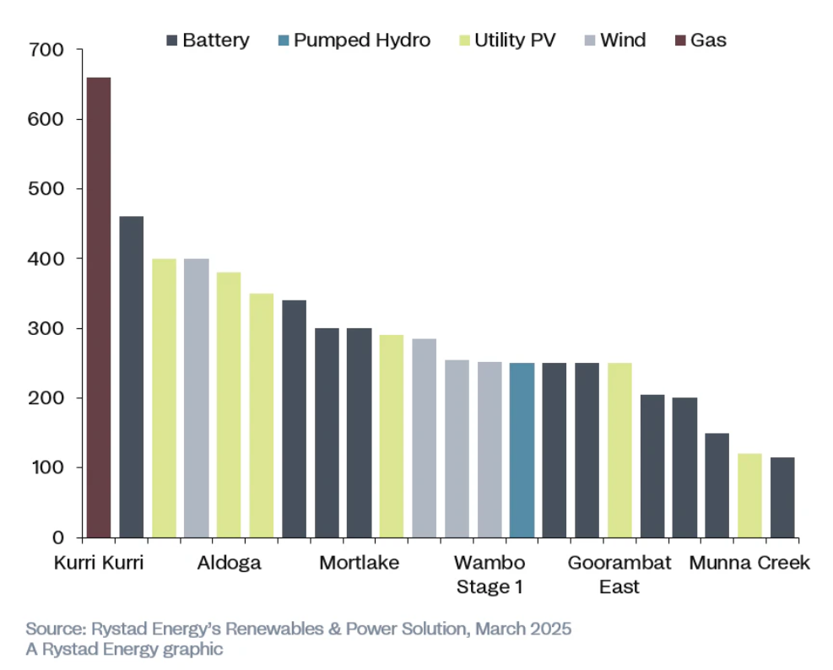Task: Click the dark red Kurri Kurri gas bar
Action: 99,307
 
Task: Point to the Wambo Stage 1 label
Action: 490,575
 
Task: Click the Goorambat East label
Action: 619,575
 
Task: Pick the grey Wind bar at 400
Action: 197,397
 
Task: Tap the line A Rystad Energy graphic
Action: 124,649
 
